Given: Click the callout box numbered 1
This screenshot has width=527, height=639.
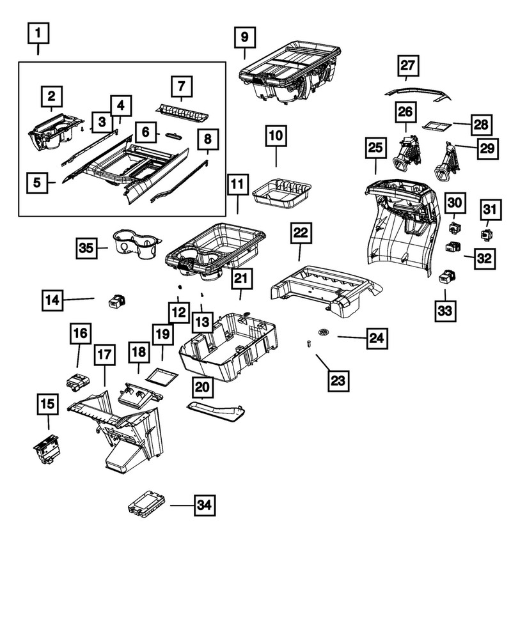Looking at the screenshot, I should click(x=39, y=33).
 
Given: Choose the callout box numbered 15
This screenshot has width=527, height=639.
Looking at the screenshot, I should click(x=48, y=404).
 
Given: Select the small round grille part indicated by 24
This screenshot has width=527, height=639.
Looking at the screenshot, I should click(x=325, y=332).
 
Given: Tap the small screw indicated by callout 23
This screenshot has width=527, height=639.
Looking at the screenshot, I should click(x=308, y=344).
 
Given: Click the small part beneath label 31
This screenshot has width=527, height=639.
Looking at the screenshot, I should click(x=487, y=233).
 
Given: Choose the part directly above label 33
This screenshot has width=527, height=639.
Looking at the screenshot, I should click(x=446, y=277).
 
